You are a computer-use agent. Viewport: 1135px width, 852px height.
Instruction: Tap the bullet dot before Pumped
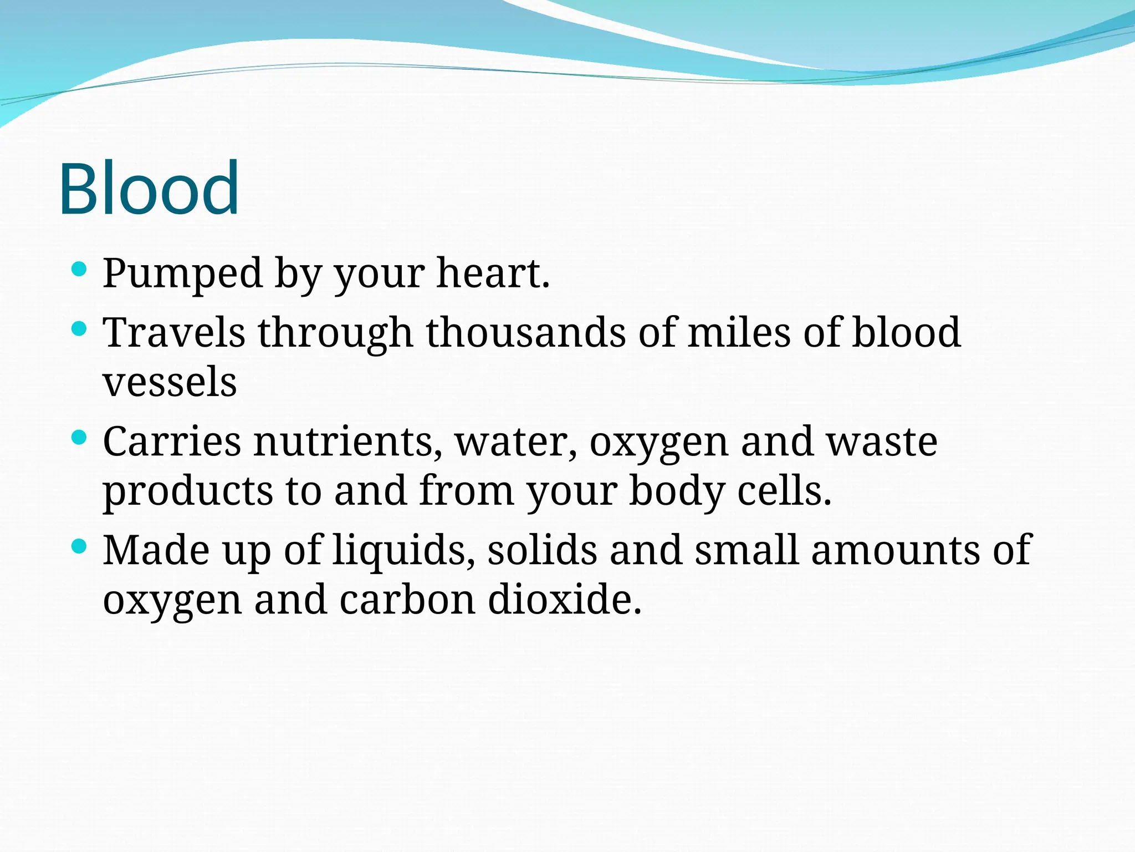[x=80, y=270]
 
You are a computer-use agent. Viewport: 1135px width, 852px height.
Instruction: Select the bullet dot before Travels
[x=80, y=329]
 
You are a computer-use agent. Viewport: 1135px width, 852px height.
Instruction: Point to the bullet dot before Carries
[x=80, y=438]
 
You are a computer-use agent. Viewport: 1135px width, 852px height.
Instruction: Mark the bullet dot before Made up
[x=80, y=547]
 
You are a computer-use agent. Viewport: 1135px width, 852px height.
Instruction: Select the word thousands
[x=525, y=332]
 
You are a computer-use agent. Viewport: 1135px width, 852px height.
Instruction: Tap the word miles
[x=739, y=332]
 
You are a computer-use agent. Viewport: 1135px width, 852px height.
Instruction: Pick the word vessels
[x=170, y=382]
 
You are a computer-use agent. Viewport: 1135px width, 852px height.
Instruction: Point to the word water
[x=516, y=442]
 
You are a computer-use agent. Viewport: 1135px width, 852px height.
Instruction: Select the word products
[x=188, y=491]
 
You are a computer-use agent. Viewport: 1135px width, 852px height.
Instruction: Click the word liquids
[x=403, y=550]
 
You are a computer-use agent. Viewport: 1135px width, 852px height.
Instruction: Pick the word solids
[x=542, y=550]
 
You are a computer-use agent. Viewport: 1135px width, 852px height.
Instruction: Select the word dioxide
[x=564, y=600]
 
